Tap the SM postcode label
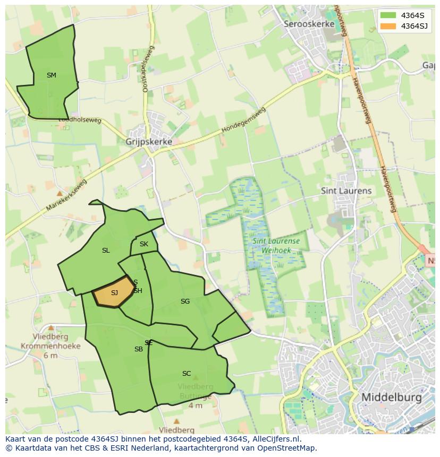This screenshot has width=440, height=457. click(x=51, y=75)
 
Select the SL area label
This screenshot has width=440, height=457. click(x=106, y=251)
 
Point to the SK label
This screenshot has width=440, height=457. click(x=144, y=244)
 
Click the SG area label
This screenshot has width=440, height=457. click(x=185, y=301)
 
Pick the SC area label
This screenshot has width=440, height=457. click(x=186, y=374)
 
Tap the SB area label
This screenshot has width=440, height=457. click(x=138, y=349)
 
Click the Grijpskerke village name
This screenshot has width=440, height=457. click(x=149, y=142)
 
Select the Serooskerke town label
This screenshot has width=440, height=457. click(x=309, y=24)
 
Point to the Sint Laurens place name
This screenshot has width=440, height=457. click(x=346, y=191)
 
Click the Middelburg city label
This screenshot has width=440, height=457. click(x=391, y=397)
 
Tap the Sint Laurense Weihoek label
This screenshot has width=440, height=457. click(x=276, y=245)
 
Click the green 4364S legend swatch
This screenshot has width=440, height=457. click(x=388, y=15)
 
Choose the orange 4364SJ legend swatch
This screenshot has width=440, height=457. click(x=388, y=26)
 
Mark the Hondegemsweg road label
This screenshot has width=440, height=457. click(x=243, y=122)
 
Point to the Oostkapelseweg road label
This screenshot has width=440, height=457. click(x=147, y=69)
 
